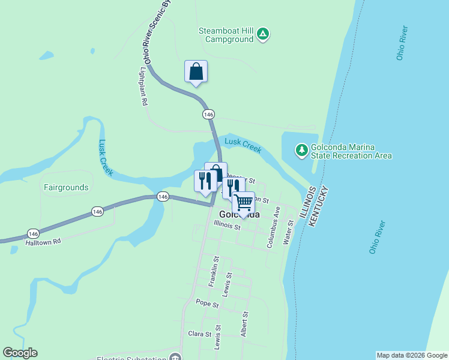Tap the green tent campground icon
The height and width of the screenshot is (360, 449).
263,34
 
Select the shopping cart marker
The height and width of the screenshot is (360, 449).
243,203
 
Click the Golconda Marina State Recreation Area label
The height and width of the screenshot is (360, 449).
351,151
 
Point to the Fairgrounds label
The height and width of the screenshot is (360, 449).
66,187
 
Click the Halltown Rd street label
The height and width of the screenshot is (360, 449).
43,242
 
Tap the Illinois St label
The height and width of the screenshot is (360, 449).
227,227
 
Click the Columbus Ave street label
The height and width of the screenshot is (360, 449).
273,227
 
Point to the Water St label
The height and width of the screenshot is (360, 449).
289,232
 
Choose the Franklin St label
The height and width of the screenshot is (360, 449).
213,271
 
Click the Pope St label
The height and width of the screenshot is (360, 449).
208,304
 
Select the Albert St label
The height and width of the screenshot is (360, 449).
244,324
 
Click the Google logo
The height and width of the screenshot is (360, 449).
20,353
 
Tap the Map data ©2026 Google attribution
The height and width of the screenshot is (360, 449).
411,355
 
